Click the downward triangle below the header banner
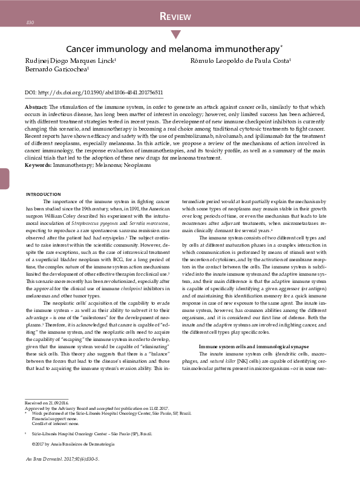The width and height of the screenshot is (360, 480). coord(176,34)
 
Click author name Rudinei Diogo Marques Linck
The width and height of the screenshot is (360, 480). coord(71,61)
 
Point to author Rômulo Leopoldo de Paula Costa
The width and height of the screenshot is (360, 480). coord(241,61)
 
